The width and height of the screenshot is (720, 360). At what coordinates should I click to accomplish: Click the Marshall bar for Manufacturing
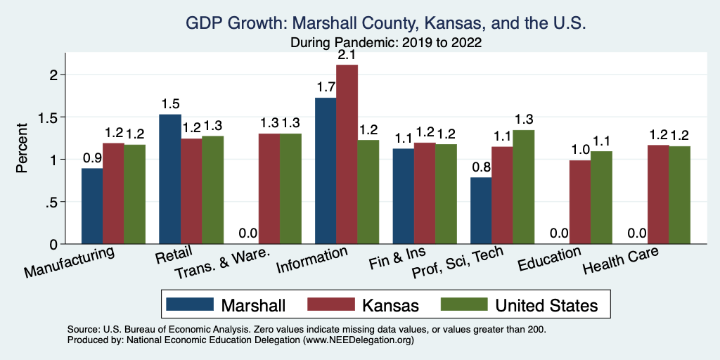(x=92, y=206)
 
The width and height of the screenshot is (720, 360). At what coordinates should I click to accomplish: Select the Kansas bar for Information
(x=347, y=154)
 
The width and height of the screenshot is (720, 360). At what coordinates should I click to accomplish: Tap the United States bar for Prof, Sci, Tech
(x=523, y=187)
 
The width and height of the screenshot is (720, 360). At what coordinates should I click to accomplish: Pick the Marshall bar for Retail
(x=170, y=179)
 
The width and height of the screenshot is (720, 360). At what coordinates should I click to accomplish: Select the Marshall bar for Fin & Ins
(x=404, y=196)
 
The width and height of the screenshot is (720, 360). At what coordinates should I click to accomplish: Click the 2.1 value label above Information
(x=347, y=54)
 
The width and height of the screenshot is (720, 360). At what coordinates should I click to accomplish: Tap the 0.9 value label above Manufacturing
(x=92, y=157)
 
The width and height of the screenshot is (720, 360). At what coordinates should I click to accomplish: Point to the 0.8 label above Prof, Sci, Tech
(x=481, y=166)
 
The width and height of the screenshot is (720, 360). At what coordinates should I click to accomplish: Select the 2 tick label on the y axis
(x=56, y=75)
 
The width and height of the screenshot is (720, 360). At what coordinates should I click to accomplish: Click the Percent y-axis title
(x=22, y=148)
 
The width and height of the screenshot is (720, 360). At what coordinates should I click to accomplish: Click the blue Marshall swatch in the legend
(x=190, y=304)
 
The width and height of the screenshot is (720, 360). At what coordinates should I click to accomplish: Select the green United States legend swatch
(x=463, y=304)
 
